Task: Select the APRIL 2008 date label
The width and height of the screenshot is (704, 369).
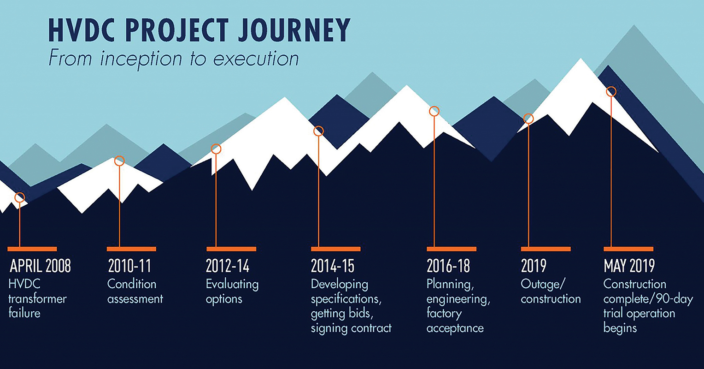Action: click(x=41, y=266)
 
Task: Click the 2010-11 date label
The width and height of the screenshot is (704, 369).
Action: click(x=129, y=266)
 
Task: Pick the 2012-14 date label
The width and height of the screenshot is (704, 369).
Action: click(x=228, y=266)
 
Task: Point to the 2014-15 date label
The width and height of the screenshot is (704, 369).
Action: click(x=333, y=266)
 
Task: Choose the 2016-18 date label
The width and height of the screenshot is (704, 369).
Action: click(x=448, y=266)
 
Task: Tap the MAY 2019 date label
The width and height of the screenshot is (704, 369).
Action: click(x=629, y=266)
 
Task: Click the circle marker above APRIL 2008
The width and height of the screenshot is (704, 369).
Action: click(x=19, y=197)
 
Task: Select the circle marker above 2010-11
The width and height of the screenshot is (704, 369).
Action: click(x=119, y=161)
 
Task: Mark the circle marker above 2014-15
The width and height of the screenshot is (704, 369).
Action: click(x=318, y=131)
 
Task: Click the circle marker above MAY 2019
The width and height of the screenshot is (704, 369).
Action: click(x=611, y=91)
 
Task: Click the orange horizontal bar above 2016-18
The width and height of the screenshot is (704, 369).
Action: click(x=451, y=249)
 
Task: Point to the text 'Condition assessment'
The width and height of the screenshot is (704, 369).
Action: click(x=135, y=292)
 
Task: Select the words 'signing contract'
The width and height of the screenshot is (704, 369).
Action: click(x=351, y=328)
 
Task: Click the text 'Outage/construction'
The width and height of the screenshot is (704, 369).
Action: click(x=551, y=292)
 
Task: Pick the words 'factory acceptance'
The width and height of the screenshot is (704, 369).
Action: click(x=455, y=321)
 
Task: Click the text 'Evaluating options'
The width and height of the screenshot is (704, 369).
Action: click(x=232, y=292)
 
